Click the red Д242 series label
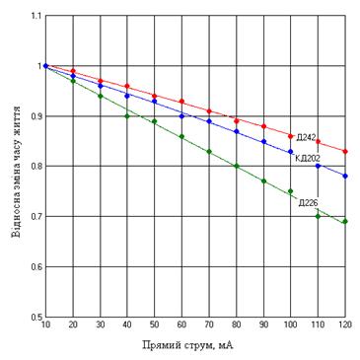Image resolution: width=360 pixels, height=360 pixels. tap(307, 137)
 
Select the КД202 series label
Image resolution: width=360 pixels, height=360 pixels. tap(308, 159)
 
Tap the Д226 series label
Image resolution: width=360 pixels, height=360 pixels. tap(308, 202)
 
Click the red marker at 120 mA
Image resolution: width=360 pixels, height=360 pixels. tap(345, 152)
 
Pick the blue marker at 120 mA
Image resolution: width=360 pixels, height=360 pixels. tap(345, 177)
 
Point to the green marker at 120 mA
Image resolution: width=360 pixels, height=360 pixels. tap(345, 222)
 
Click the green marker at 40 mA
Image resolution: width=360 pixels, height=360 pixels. tap(127, 116)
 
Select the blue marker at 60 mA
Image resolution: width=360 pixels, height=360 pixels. tap(181, 116)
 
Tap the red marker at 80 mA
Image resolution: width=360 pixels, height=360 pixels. tap(236, 121)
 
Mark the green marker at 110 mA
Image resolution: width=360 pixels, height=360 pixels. tap(318, 216)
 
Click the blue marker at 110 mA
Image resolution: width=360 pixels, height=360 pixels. tap(318, 166)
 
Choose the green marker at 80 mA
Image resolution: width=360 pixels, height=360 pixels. tap(236, 166)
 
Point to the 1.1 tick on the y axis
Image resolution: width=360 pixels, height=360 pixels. tap(36, 16)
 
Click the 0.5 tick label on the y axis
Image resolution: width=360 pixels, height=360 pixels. tap(36, 317)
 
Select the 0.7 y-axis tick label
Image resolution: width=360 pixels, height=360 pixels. tap(36, 216)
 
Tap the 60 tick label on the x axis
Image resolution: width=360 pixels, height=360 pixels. tap(181, 324)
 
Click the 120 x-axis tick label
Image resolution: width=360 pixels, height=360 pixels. tap(345, 324)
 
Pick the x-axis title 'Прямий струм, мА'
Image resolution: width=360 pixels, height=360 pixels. tap(188, 345)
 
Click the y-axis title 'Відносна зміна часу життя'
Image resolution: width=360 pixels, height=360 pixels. tap(18, 172)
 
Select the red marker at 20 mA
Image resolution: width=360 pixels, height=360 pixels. tap(73, 71)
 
